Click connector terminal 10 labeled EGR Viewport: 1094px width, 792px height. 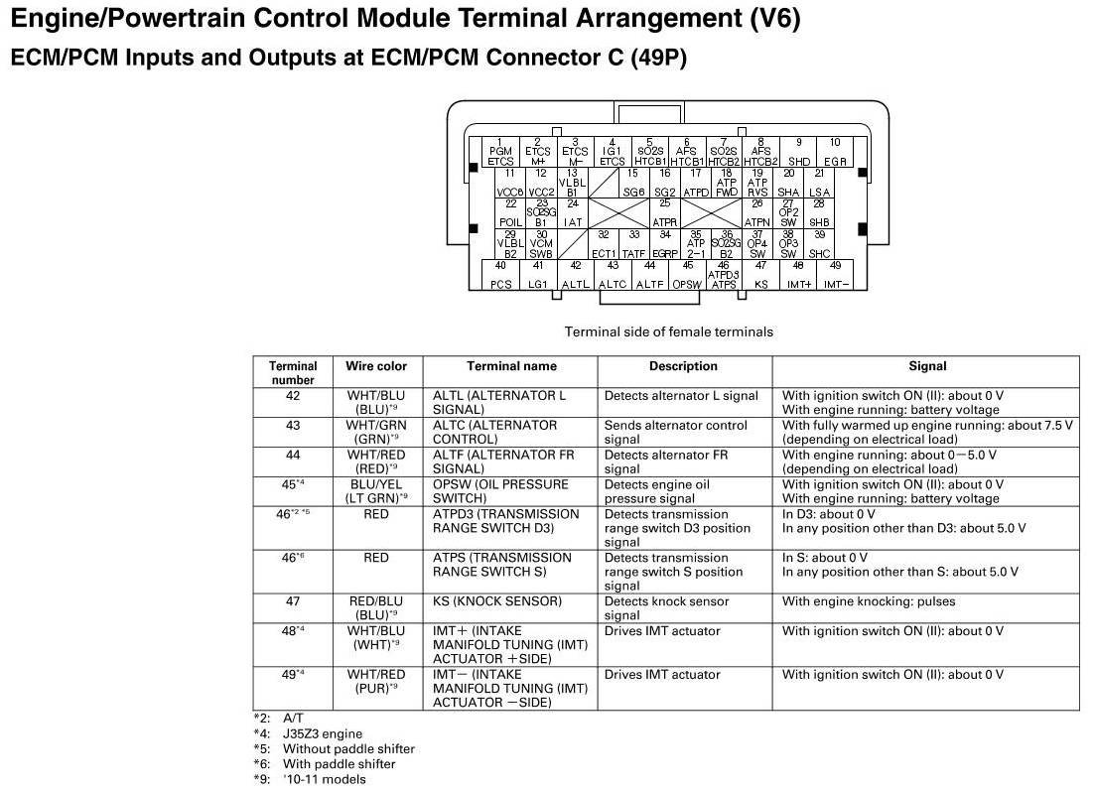835,152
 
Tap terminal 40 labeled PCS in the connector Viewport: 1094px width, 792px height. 500,275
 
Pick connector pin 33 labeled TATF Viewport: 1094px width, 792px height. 633,244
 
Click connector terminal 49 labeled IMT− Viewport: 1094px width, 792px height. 835,275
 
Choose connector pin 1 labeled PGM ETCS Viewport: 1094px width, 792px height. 500,152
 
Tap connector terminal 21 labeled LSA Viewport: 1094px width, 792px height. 819,183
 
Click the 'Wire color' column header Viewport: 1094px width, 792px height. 376,366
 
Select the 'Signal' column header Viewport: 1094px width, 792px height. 926,366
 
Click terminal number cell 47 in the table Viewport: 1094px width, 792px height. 293,601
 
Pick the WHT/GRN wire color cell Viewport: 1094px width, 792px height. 376,432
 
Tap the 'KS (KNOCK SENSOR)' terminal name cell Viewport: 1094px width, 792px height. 497,601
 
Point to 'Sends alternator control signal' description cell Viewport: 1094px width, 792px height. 675,432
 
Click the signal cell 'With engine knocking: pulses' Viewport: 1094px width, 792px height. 863,601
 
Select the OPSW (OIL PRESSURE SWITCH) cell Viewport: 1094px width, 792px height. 501,491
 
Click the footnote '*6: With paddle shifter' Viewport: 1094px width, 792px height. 325,764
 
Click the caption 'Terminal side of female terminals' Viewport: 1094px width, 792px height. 668,331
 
